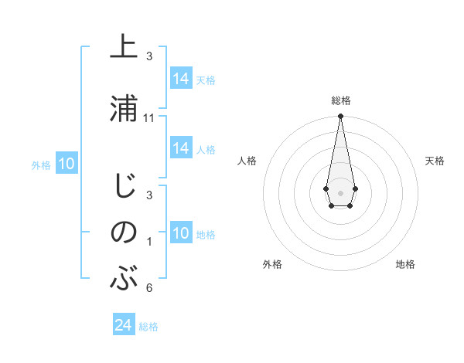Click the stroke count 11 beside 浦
(149, 118)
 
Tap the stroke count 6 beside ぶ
(149, 288)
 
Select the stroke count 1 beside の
(149, 242)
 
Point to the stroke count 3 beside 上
(149, 56)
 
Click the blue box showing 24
(124, 325)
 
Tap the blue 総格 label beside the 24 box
(148, 327)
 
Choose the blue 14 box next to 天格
(181, 79)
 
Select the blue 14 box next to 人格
(181, 148)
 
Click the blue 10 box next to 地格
(181, 233)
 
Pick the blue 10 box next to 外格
(67, 164)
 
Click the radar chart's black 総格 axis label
(340, 100)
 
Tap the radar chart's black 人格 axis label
(247, 161)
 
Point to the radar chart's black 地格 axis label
(405, 265)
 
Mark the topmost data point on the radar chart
(340, 117)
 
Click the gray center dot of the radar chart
(340, 192)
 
